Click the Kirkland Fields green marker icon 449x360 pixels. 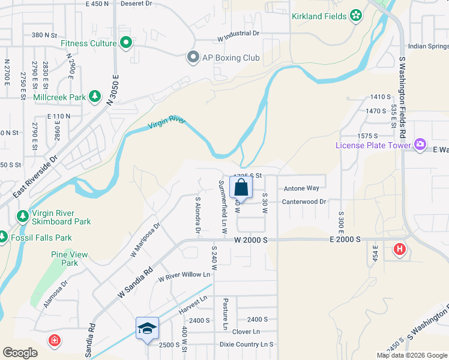click(x=356, y=15)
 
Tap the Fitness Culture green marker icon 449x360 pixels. click(x=126, y=43)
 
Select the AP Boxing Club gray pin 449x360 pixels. click(x=193, y=58)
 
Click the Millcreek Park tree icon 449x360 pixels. click(x=94, y=96)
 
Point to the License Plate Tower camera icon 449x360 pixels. click(x=420, y=145)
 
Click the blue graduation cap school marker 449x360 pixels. click(x=147, y=328)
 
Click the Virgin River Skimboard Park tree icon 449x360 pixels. click(x=23, y=216)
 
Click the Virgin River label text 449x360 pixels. click(x=166, y=124)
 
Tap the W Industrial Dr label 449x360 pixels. click(x=238, y=34)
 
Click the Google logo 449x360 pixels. click(x=20, y=353)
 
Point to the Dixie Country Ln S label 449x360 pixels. click(x=244, y=344)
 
